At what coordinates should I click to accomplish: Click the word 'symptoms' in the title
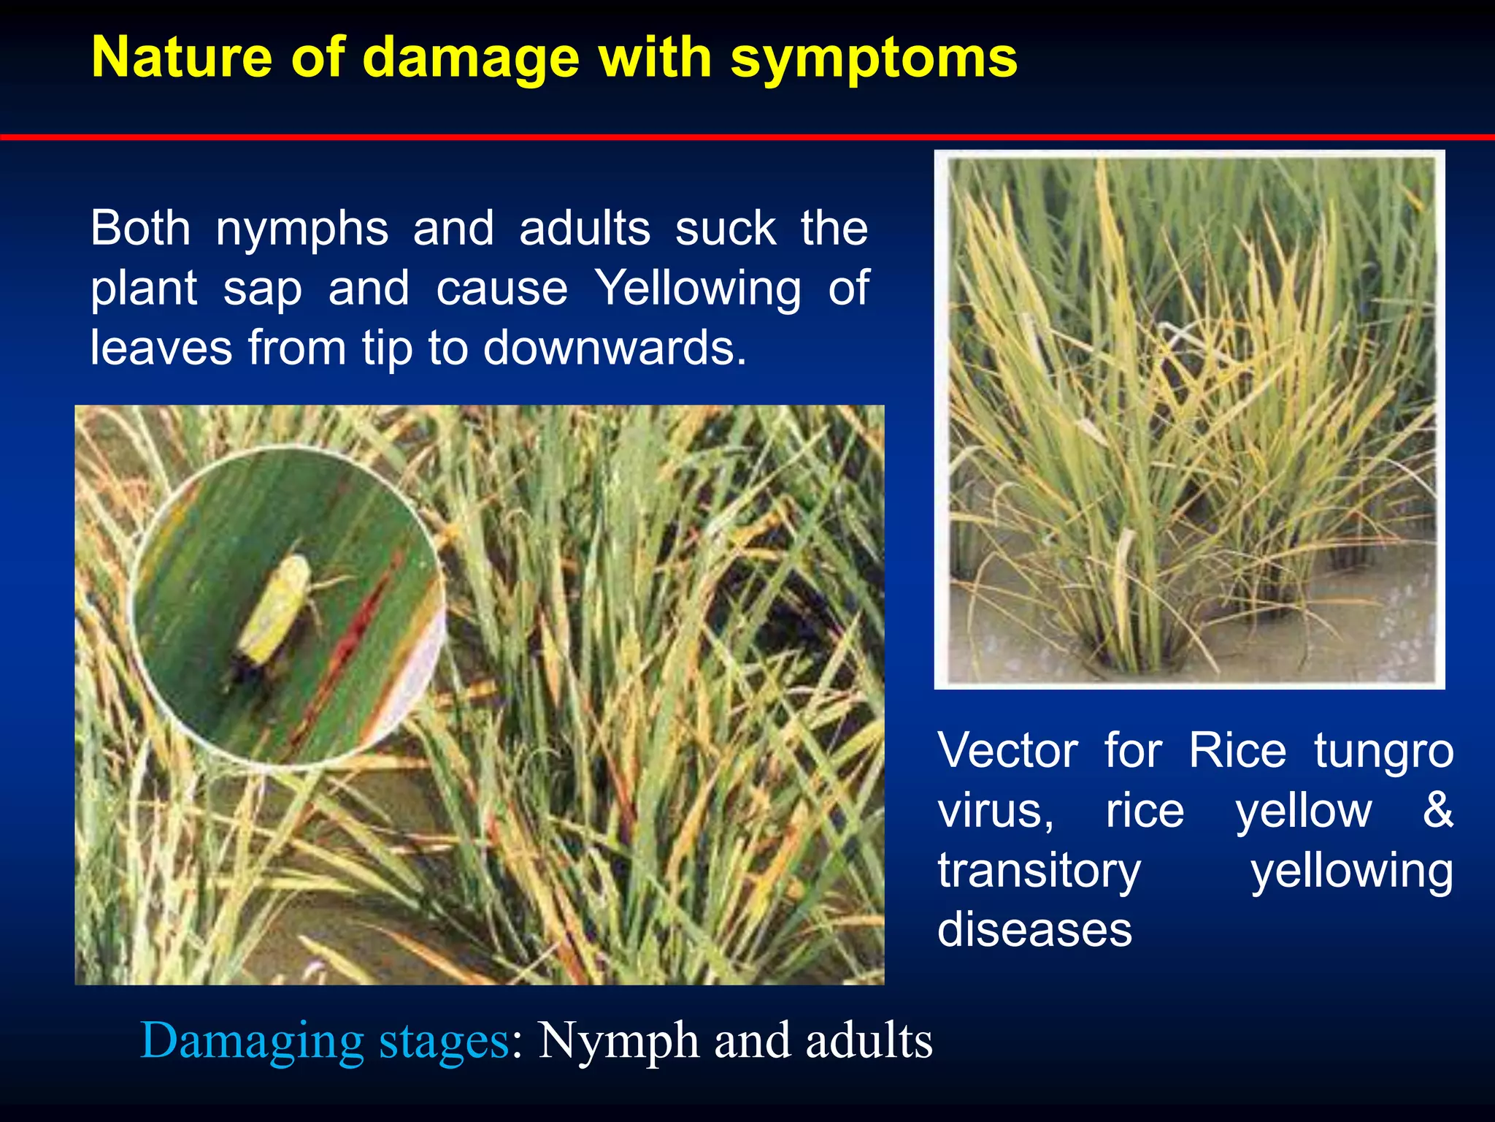click(873, 58)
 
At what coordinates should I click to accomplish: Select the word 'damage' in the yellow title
click(471, 58)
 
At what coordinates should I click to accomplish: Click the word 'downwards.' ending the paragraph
click(615, 348)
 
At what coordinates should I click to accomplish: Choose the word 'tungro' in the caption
click(1383, 752)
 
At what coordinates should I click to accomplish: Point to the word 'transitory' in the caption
click(1039, 871)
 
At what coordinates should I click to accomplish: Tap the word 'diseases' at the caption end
click(1034, 929)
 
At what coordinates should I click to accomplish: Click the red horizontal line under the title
click(747, 137)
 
